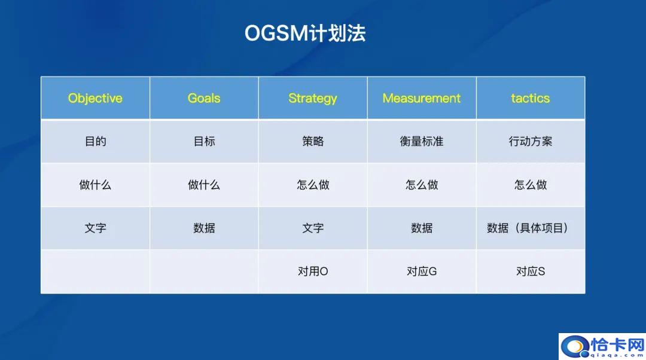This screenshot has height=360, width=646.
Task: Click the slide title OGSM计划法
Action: point(304,33)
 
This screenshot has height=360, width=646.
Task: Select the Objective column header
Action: point(95,98)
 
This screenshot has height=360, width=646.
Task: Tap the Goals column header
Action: point(204,98)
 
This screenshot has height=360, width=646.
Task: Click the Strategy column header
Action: point(313,98)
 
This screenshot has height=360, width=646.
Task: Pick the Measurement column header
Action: point(422,98)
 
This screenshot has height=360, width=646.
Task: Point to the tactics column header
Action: point(531,98)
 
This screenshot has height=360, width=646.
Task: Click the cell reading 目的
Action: point(95,142)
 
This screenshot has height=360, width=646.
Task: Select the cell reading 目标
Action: point(204,142)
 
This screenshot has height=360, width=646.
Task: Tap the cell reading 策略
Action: point(313,142)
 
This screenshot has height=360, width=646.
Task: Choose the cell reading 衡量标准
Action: point(422,142)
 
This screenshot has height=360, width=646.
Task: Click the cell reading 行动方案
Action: point(531,142)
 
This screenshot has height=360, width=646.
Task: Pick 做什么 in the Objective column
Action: point(95,185)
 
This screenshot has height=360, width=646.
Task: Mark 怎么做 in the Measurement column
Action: point(422,185)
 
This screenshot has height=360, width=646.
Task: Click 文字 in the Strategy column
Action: point(313,228)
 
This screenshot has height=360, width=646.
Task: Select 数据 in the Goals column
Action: point(204,228)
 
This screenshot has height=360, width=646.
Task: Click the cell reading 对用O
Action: point(313,271)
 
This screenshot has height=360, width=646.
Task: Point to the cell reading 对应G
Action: point(422,271)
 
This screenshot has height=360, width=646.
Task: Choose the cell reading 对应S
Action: point(531,271)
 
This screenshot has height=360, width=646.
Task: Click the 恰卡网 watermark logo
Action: point(602,346)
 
